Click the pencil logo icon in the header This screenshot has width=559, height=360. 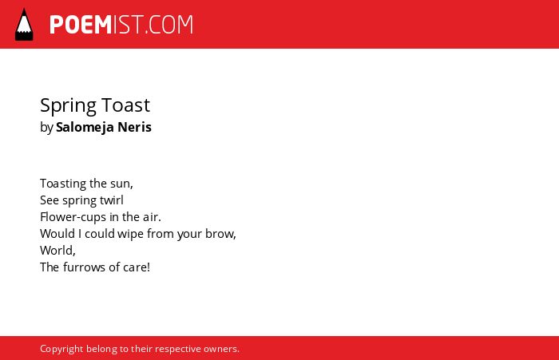tap(24, 24)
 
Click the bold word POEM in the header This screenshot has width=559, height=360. tap(81, 25)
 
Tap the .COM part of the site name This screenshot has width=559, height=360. tap(169, 25)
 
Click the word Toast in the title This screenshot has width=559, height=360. tap(126, 105)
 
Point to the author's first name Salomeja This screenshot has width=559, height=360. tap(85, 127)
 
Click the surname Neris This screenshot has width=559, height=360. tap(134, 127)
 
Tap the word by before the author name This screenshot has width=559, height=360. tap(46, 128)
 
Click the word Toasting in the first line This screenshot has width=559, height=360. tap(63, 184)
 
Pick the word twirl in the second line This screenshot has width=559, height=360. tap(112, 200)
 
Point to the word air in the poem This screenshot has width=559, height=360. tap(152, 216)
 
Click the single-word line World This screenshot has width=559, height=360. tap(57, 250)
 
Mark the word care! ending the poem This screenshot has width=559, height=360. tap(137, 267)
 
